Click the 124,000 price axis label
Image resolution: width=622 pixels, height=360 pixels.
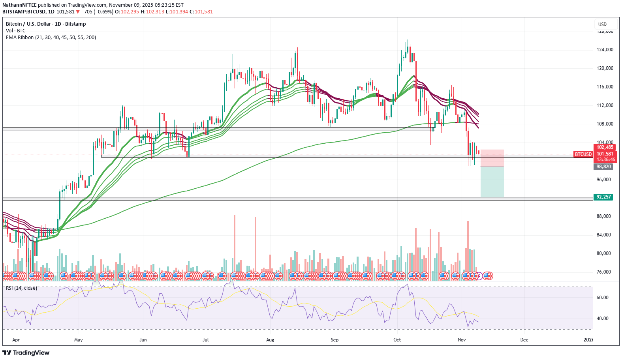pyautogui.click(x=605, y=50)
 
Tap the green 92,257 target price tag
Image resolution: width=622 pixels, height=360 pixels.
pyautogui.click(x=603, y=197)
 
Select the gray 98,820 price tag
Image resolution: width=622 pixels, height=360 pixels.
pyautogui.click(x=603, y=167)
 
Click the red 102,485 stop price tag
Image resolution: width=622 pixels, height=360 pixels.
pyautogui.click(x=604, y=147)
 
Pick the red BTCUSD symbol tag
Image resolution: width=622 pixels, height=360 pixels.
pyautogui.click(x=583, y=154)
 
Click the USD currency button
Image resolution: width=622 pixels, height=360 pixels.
pyautogui.click(x=602, y=24)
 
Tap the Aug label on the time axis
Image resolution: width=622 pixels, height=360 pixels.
pyautogui.click(x=270, y=340)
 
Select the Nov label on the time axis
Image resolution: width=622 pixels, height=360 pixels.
pyautogui.click(x=462, y=340)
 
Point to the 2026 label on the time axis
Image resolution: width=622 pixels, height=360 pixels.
pyautogui.click(x=588, y=340)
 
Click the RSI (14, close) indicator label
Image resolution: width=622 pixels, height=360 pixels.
pyautogui.click(x=21, y=288)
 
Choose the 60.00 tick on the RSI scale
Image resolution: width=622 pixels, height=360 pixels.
pyautogui.click(x=602, y=298)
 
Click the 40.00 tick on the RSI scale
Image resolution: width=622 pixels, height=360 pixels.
pyautogui.click(x=602, y=319)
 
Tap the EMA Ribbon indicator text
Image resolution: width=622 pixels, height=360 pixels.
pyautogui.click(x=51, y=37)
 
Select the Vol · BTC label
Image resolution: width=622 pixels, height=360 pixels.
pyautogui.click(x=15, y=31)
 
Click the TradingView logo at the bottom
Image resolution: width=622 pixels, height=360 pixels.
pyautogui.click(x=26, y=352)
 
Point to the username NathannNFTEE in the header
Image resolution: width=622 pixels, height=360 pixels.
pyautogui.click(x=19, y=5)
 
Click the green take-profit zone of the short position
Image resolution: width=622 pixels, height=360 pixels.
pyautogui.click(x=492, y=182)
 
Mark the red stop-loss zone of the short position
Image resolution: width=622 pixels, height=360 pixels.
pyautogui.click(x=492, y=158)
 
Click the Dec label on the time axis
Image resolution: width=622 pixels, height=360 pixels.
pyautogui.click(x=524, y=340)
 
